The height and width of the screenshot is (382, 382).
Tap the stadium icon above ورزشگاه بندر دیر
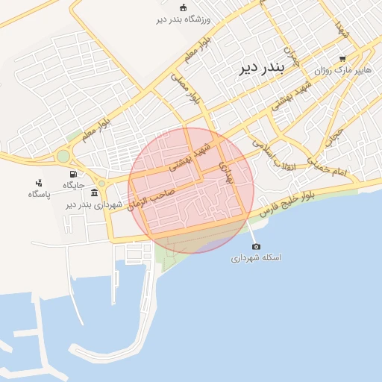184,7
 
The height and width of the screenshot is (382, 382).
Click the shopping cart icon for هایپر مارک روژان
342,58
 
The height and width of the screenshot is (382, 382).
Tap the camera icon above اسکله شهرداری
256,246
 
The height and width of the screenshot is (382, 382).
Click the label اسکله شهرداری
256,257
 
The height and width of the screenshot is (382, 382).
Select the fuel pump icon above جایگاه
72,174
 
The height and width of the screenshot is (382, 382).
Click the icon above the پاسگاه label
38,183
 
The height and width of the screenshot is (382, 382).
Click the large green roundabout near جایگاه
63,157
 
